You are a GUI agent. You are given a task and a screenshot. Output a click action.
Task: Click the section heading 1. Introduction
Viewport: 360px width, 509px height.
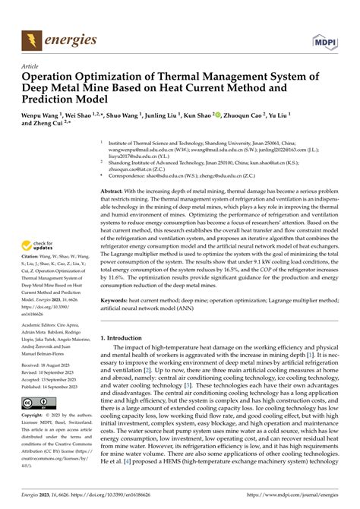[x=126, y=337]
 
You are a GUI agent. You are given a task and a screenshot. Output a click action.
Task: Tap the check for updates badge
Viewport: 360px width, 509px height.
[x=38, y=245]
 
